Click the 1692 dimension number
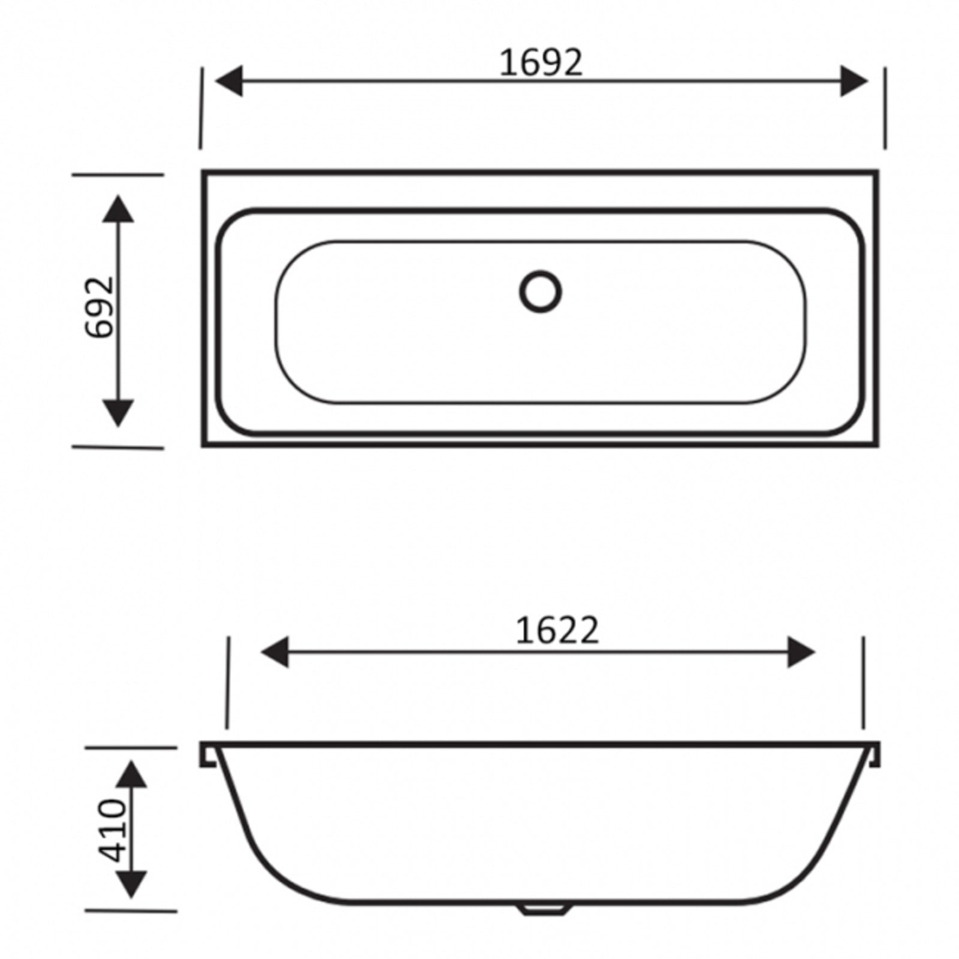(x=541, y=62)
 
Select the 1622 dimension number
(x=557, y=631)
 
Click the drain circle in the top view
(x=541, y=292)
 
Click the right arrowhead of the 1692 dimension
(x=853, y=81)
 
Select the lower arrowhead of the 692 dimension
(x=118, y=412)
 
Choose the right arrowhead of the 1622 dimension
(x=801, y=652)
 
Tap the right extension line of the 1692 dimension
(x=885, y=108)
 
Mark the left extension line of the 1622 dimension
(x=228, y=683)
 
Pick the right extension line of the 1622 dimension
(x=863, y=683)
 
